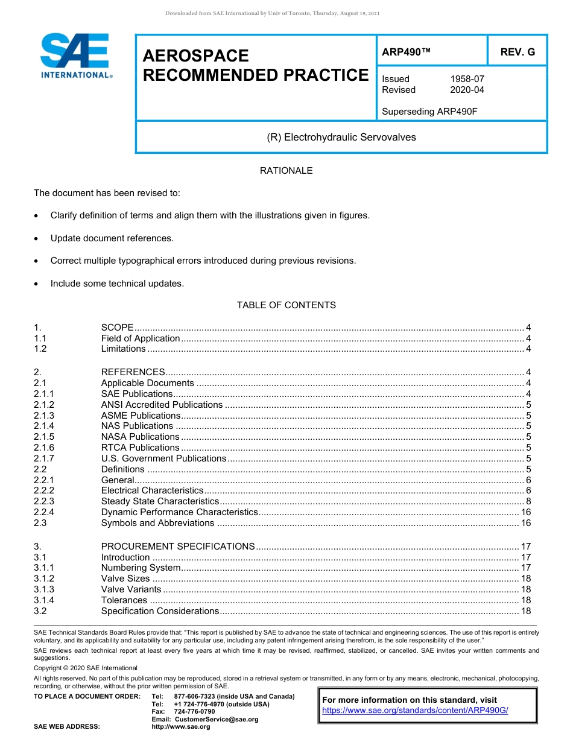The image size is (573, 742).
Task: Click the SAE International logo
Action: coord(75,55)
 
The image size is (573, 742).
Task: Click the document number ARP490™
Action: coord(406,52)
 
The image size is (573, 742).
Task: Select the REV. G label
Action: coord(518,52)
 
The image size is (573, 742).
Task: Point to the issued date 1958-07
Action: coord(467,79)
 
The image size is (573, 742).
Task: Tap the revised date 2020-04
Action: coord(467,90)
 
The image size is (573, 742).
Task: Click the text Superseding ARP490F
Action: coord(429,111)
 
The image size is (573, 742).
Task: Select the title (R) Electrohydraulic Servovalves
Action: coord(341,137)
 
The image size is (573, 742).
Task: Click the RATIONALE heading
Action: coord(286,171)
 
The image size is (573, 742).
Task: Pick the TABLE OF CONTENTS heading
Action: coord(286,305)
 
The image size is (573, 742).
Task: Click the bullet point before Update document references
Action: coord(37,239)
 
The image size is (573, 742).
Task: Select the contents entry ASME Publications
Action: coord(141,416)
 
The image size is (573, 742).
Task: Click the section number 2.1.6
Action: coord(44,448)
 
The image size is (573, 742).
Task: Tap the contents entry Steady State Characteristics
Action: coord(160,501)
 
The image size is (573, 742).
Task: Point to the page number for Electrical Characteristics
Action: coord(528,490)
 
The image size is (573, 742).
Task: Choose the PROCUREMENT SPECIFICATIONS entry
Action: coord(178,547)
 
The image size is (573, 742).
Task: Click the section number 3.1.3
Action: coord(44,589)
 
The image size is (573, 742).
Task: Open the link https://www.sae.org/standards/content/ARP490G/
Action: coord(415,710)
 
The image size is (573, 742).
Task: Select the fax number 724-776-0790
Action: coord(194,712)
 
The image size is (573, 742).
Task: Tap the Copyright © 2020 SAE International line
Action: coord(86,668)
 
